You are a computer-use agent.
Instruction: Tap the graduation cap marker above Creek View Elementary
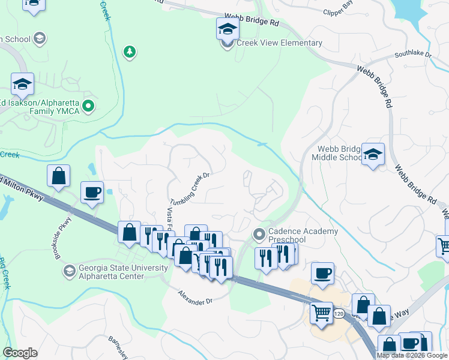point(228,28)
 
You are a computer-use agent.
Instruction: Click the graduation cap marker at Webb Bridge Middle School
point(373,155)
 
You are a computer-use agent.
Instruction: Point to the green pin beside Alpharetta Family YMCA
point(89,107)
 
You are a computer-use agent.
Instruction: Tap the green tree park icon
point(128,52)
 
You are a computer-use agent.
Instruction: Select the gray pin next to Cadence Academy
point(259,233)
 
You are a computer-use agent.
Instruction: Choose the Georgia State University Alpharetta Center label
point(111,272)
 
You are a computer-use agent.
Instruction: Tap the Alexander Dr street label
point(195,297)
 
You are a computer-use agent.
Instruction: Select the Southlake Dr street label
point(413,55)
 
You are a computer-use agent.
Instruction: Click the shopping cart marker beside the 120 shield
point(321,313)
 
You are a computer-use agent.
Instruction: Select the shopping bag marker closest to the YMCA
point(58,176)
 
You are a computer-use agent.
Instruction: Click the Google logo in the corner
point(20,353)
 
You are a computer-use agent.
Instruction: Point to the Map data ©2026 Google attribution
point(412,355)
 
